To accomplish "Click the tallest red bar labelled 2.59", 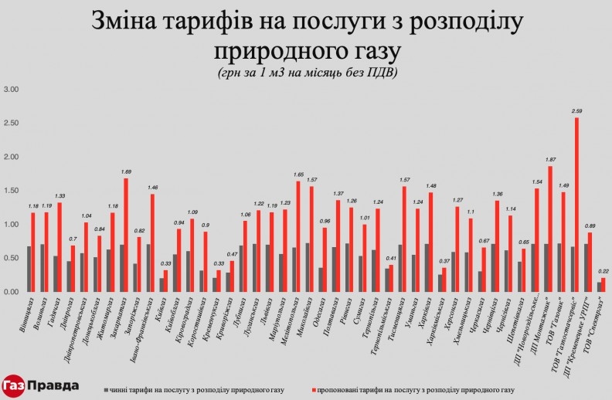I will (576, 205).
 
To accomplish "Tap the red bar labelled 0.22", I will (603, 285).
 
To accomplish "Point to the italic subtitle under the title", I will (308, 73).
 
